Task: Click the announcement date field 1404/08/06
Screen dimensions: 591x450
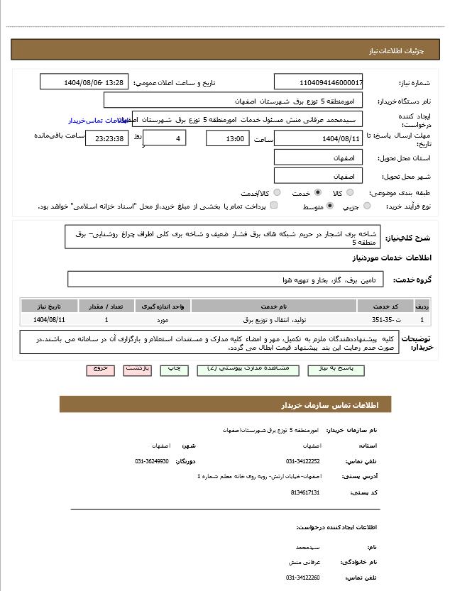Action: (84, 82)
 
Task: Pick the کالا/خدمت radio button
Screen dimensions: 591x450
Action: (277, 192)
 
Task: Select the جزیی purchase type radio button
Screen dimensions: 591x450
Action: (367, 206)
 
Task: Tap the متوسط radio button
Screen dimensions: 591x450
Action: (330, 206)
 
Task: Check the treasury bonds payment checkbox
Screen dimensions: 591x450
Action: (274, 206)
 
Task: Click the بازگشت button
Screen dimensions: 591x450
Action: (138, 370)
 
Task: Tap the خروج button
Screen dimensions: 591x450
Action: (100, 370)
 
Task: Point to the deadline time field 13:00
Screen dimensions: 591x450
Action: (227, 138)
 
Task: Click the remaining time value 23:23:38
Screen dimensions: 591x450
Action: (107, 138)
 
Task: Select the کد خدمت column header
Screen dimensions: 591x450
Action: (391, 306)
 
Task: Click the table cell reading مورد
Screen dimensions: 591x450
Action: (163, 320)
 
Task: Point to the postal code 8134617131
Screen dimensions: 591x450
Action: (305, 492)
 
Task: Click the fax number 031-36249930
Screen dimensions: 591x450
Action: (152, 461)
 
